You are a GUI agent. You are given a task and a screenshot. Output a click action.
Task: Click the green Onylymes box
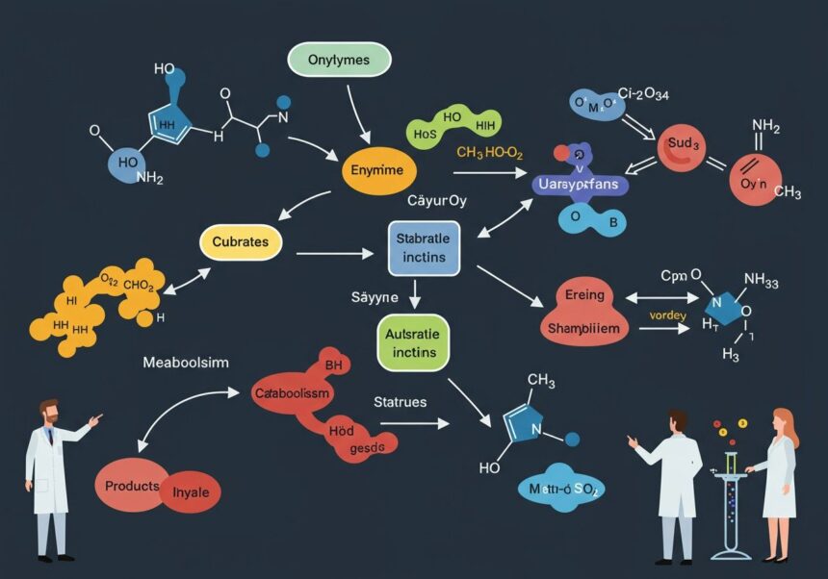pos(339,61)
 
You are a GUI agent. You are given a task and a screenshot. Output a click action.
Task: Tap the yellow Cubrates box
pos(241,241)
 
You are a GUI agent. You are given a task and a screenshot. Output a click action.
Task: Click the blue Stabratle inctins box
pos(424,246)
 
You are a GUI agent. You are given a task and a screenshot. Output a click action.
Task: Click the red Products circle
pos(132,487)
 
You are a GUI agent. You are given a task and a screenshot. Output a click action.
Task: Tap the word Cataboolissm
pos(292,393)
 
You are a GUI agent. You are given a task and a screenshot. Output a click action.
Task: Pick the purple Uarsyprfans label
pos(578,184)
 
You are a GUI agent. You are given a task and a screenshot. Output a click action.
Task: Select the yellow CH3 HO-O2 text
pos(488,153)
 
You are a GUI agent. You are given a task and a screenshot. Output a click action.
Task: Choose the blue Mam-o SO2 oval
pos(558,490)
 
